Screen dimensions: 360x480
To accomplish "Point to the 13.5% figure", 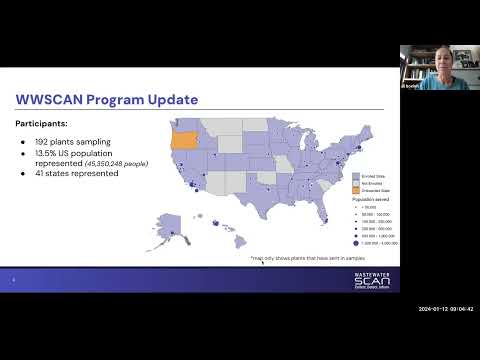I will (47, 155).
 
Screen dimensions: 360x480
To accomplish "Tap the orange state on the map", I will (185, 139).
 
